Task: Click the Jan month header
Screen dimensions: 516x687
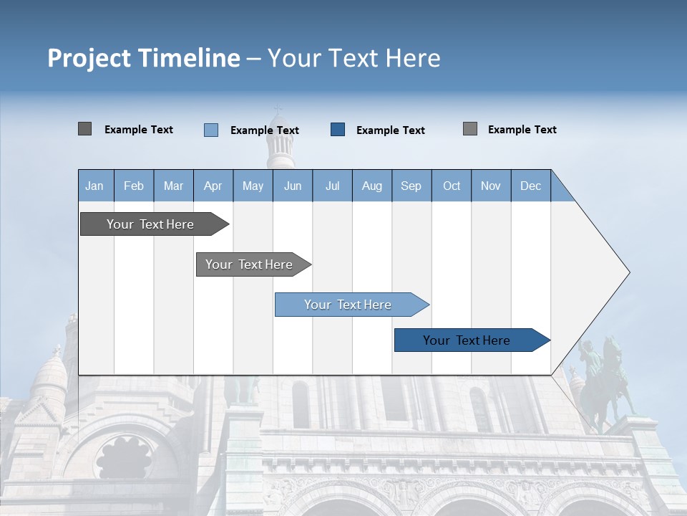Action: tap(94, 186)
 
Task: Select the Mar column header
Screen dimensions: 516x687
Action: tap(173, 186)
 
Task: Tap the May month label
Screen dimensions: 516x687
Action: tap(253, 186)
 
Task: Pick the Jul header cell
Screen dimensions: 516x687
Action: tap(332, 186)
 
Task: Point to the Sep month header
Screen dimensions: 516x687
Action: tap(411, 186)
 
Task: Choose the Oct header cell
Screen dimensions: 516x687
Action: tap(452, 186)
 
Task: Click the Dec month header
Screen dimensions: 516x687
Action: tap(530, 186)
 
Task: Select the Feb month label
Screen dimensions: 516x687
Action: tap(134, 186)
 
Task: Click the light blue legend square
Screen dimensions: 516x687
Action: tap(211, 130)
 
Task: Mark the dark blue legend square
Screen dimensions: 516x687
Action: tap(338, 130)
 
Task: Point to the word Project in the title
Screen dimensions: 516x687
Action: tap(89, 57)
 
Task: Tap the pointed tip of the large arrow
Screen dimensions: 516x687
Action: tap(628, 272)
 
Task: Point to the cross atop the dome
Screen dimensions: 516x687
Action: tap(278, 110)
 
